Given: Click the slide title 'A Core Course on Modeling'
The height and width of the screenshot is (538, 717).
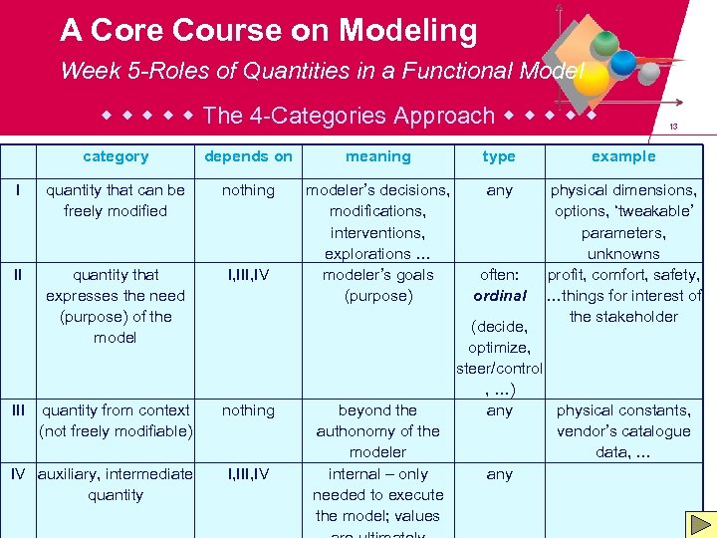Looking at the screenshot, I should pyautogui.click(x=269, y=31).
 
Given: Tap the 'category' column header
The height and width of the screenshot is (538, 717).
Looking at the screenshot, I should pyautogui.click(x=116, y=156).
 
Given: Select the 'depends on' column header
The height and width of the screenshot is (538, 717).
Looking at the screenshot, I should pyautogui.click(x=248, y=156).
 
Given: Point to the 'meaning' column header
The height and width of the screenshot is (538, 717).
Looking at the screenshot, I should pyautogui.click(x=377, y=156).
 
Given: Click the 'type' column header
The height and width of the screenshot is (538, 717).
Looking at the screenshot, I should pyautogui.click(x=499, y=156).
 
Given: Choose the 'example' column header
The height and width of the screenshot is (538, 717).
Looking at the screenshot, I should pyautogui.click(x=623, y=156).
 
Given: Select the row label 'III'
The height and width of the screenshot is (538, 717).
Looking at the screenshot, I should pyautogui.click(x=18, y=409).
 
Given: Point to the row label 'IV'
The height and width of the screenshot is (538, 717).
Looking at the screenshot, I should pyautogui.click(x=18, y=474).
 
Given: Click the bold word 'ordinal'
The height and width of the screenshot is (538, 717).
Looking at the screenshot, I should pyautogui.click(x=500, y=296).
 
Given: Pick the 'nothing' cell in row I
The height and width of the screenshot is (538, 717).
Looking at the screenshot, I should pyautogui.click(x=248, y=190).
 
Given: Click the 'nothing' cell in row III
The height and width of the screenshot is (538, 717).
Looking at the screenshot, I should pyautogui.click(x=248, y=410).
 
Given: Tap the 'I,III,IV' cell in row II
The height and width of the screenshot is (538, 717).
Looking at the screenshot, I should pyautogui.click(x=248, y=275).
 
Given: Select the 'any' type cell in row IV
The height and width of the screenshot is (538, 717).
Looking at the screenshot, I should pyautogui.click(x=499, y=474).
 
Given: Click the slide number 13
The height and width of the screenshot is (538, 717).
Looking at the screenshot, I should pyautogui.click(x=673, y=128).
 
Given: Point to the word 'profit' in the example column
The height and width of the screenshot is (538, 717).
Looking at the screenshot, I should pyautogui.click(x=566, y=275).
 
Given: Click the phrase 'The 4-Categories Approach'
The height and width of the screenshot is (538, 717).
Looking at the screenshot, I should pyautogui.click(x=349, y=116).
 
